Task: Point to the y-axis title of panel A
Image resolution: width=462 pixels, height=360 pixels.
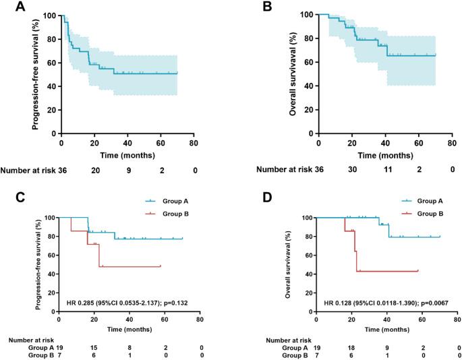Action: click(x=34, y=73)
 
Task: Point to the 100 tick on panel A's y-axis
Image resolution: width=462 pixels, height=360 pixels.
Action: click(x=50, y=14)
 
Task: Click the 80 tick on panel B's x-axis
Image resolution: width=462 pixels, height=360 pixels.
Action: click(x=452, y=143)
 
